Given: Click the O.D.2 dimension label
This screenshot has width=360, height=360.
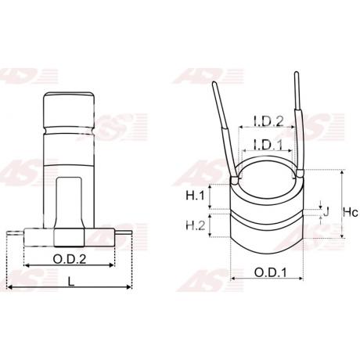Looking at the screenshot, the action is tap(69, 259).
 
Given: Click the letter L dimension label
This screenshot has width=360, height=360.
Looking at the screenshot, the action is tap(71, 281).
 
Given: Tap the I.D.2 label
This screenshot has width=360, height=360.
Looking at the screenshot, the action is tap(268, 121).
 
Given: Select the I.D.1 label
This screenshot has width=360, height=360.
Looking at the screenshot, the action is tap(268, 145).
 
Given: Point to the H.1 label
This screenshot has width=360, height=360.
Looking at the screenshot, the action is tap(195, 195).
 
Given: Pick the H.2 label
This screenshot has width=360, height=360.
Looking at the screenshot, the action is tap(196, 225).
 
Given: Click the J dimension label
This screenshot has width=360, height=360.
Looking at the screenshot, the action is tap(326, 212).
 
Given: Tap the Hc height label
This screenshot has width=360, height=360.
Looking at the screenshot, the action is tap(350, 212).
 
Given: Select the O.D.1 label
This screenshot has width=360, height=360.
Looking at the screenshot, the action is tap(270, 273).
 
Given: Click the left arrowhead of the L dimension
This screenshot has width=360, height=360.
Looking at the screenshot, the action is tap(9, 287).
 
